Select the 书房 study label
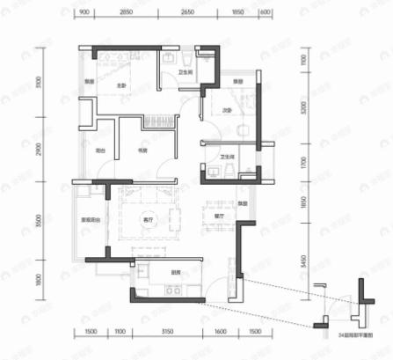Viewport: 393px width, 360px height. (x=140, y=151)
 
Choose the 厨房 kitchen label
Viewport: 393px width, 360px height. (x=176, y=273)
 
